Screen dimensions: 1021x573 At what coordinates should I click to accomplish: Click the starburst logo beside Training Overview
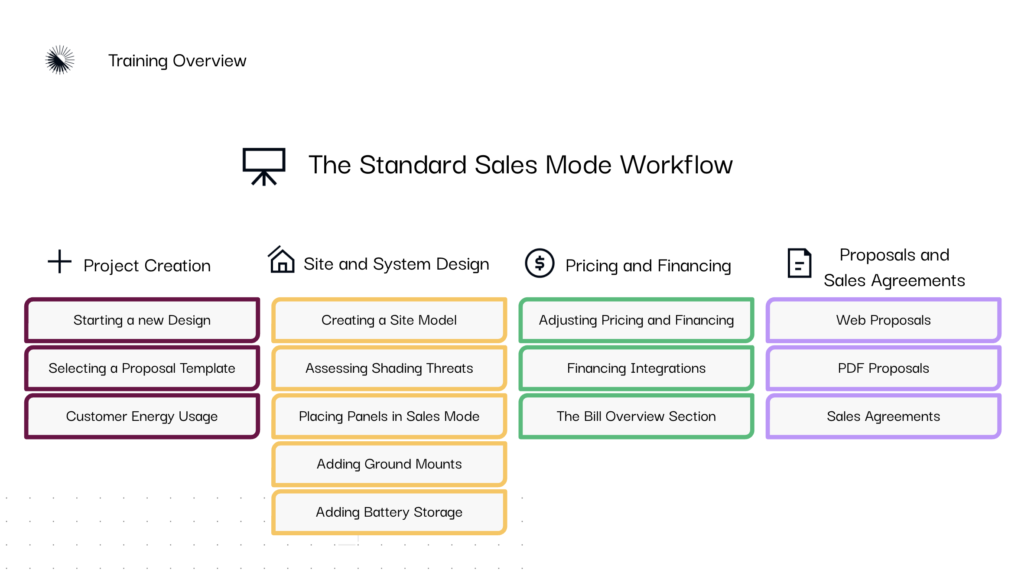click(60, 60)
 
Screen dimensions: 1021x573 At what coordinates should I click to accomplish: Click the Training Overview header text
click(177, 61)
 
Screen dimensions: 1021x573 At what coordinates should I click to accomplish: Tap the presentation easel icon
click(264, 166)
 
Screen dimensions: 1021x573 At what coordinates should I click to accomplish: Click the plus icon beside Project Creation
click(59, 261)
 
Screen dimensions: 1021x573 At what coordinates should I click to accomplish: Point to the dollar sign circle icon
click(540, 263)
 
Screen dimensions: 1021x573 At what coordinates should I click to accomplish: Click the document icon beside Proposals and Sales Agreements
click(799, 263)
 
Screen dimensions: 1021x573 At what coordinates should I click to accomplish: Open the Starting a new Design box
click(142, 320)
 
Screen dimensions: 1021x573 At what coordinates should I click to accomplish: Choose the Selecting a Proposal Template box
click(142, 368)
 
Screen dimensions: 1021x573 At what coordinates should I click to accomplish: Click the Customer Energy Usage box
click(142, 416)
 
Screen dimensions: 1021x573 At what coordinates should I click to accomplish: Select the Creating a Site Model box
click(389, 320)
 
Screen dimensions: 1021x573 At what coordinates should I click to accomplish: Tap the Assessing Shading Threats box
click(389, 368)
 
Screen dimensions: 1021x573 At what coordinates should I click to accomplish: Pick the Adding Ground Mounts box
click(389, 464)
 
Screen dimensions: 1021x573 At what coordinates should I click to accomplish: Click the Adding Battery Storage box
click(389, 512)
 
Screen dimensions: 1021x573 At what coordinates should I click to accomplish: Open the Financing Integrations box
click(636, 368)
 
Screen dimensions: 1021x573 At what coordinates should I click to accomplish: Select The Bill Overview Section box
click(636, 416)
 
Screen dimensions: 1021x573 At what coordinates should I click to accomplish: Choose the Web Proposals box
click(884, 320)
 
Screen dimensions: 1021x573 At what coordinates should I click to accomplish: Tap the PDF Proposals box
click(884, 368)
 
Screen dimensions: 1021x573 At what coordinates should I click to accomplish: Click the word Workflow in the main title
click(676, 165)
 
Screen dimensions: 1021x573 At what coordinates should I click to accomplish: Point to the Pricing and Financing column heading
click(648, 266)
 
